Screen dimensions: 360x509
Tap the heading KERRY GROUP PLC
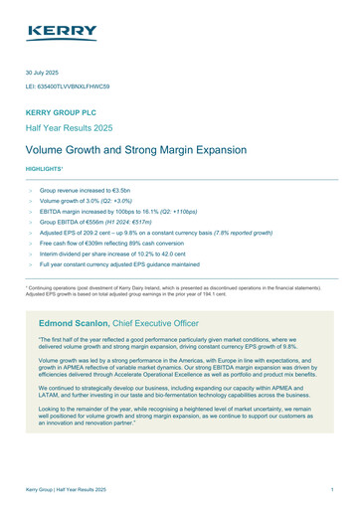pyautogui.click(x=65, y=115)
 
